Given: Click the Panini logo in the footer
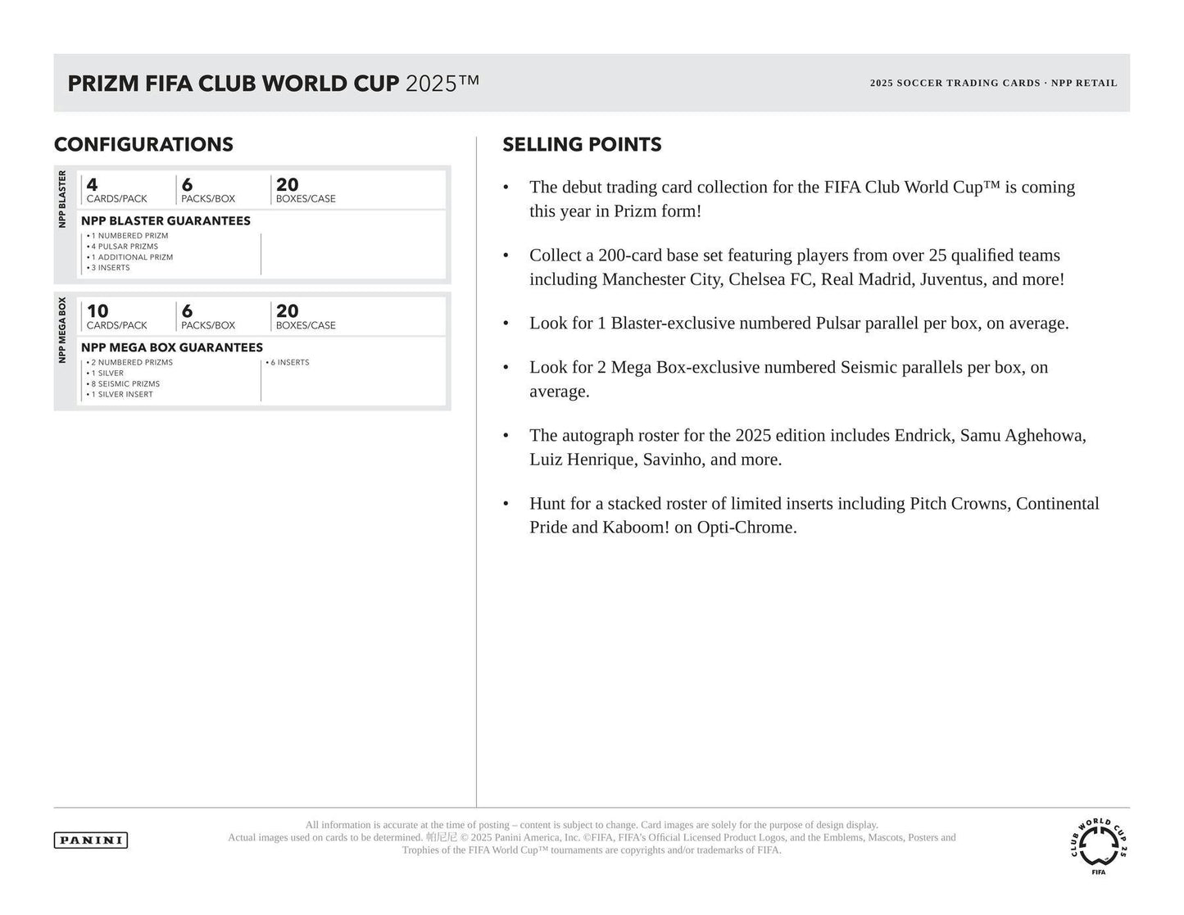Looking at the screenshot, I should [91, 840].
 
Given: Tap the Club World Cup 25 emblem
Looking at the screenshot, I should [1098, 845].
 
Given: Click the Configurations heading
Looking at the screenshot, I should [143, 144].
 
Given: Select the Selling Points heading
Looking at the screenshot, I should [582, 144].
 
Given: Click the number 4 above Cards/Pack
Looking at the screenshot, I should [92, 185].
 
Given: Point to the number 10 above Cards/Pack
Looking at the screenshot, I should [98, 311].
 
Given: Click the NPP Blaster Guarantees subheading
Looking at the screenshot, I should [166, 220].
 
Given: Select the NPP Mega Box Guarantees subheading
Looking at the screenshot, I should [172, 347].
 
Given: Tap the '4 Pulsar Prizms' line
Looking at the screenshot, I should [125, 247].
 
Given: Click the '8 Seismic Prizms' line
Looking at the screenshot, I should [125, 383].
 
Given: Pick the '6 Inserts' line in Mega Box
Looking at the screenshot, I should [288, 362].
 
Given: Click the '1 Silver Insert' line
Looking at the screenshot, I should [122, 394].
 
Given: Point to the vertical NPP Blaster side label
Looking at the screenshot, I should [62, 199].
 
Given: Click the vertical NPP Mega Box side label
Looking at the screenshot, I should [62, 329].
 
